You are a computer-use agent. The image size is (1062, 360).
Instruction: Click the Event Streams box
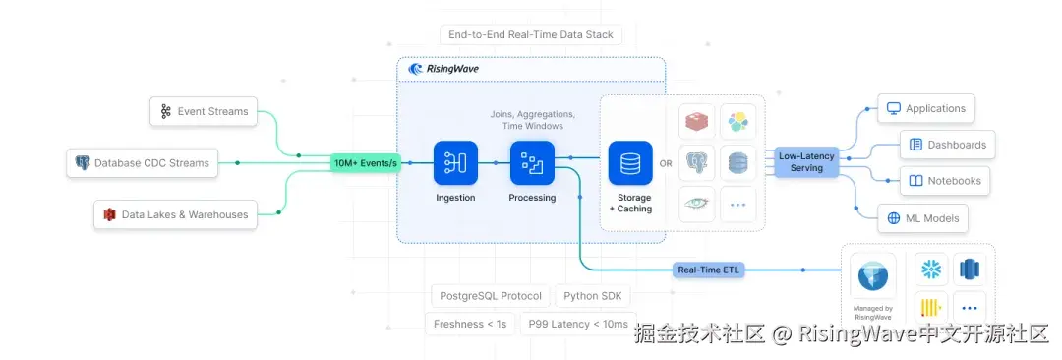[204, 112]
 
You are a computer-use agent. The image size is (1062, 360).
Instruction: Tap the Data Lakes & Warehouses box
[176, 214]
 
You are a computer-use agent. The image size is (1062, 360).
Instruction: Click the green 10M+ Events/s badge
[366, 163]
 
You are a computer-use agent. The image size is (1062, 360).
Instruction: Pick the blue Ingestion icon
[455, 163]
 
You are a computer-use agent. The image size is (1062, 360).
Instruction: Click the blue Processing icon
[532, 163]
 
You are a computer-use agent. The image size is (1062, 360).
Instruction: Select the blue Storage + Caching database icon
[630, 163]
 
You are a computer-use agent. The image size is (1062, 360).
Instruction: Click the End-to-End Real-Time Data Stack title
[530, 35]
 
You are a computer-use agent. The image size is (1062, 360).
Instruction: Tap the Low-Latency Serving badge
[806, 162]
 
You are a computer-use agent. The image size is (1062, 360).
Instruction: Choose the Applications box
[925, 109]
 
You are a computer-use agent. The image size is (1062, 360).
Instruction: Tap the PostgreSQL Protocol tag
[491, 296]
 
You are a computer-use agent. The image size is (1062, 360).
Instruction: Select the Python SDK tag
[593, 296]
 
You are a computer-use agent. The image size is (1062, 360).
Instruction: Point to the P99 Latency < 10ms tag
[577, 324]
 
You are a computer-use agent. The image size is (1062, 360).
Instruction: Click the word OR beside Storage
[666, 164]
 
